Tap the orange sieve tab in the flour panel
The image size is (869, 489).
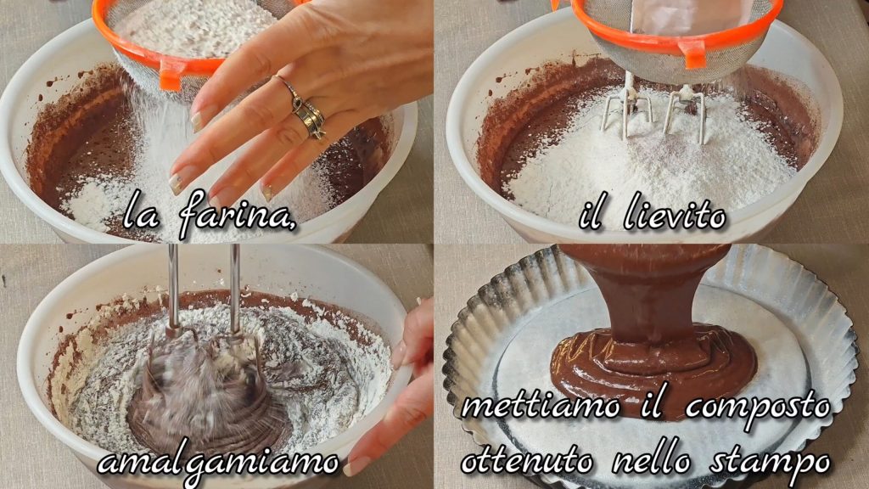(171, 75)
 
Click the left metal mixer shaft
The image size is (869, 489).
(173, 289)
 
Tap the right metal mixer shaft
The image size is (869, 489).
(235, 288)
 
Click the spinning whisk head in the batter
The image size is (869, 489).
(205, 388)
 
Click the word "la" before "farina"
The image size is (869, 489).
(142, 214)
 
